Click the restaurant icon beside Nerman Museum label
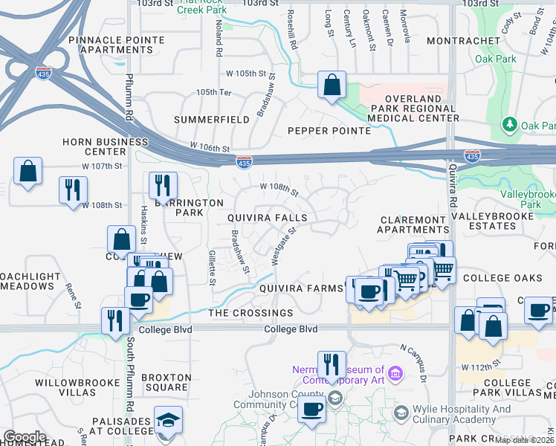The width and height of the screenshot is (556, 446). coord(332,364)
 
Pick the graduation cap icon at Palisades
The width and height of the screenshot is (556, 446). coord(167,421)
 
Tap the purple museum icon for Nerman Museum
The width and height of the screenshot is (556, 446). coord(395,372)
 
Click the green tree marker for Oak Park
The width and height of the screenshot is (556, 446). coord(510,125)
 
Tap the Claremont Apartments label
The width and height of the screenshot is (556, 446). coord(413,225)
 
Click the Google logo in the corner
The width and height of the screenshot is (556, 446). coord(25,437)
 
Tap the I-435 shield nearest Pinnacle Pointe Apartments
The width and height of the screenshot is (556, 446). coord(42,74)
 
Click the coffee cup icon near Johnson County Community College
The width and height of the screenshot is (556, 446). coord(313,409)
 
